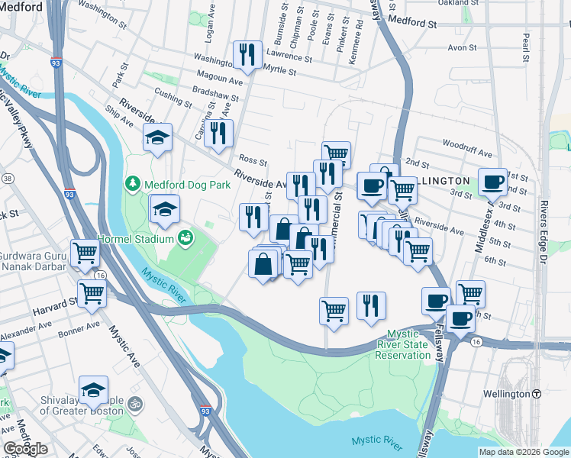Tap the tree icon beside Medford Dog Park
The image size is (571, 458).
tap(133, 184)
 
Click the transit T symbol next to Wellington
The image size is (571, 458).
tap(537, 394)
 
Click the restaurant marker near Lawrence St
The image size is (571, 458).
tap(247, 54)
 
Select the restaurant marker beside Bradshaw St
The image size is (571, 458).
tap(219, 133)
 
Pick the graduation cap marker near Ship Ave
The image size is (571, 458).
tap(157, 138)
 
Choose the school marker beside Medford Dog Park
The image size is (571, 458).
tap(164, 209)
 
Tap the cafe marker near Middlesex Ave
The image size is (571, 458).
tap(492, 182)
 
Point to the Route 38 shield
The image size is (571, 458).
tap(8, 178)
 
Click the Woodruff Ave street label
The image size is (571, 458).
tap(464, 144)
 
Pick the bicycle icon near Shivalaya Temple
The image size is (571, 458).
tap(136, 402)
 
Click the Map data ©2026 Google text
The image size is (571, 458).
tap(524, 452)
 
